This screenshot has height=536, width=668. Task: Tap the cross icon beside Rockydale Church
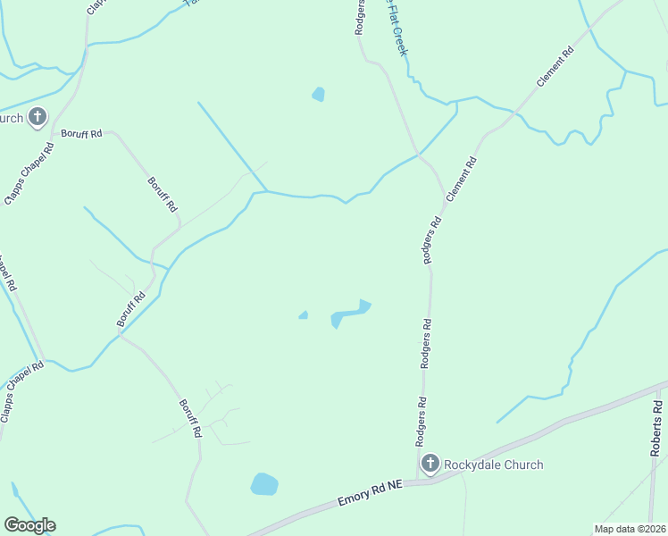click(430, 463)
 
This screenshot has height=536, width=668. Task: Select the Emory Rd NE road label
click(372, 494)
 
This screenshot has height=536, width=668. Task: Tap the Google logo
click(29, 525)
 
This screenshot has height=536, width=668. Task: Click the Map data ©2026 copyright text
click(630, 528)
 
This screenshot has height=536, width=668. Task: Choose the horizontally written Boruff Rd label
click(81, 133)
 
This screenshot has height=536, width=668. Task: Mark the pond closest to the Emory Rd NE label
click(264, 484)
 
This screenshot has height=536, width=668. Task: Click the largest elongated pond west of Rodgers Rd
click(350, 314)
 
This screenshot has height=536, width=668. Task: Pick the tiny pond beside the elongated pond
click(304, 314)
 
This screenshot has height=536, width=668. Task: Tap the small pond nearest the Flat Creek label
click(318, 94)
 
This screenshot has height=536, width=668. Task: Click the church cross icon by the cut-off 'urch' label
click(38, 117)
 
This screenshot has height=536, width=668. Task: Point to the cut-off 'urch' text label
click(11, 118)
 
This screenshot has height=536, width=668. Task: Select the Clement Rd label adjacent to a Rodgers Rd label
click(462, 180)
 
